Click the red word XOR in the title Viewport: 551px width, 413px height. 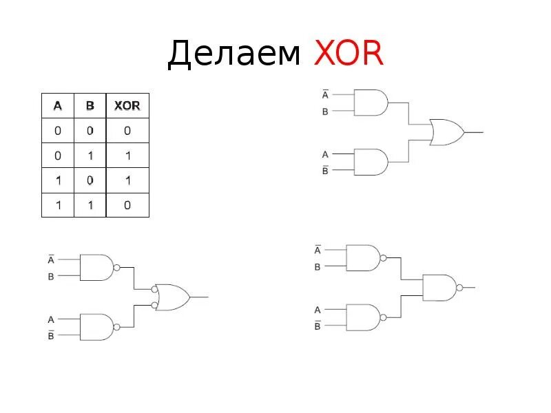click(x=349, y=54)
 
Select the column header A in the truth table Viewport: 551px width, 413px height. click(x=58, y=106)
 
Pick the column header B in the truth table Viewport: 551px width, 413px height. click(x=90, y=106)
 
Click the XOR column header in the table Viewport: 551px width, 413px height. click(x=127, y=106)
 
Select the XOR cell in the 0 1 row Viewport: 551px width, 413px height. click(x=127, y=156)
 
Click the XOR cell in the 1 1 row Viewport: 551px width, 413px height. click(x=127, y=205)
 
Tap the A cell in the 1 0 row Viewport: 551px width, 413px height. click(x=58, y=180)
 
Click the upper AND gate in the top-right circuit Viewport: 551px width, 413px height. click(x=370, y=103)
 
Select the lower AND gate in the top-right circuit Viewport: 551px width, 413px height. click(x=370, y=162)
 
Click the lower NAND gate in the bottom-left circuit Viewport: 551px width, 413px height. click(x=96, y=327)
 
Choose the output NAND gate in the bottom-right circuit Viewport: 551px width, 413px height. click(x=439, y=287)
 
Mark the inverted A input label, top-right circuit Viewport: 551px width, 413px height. click(x=325, y=94)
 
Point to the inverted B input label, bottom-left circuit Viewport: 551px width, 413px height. click(x=51, y=335)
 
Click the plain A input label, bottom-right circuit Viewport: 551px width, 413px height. click(x=318, y=310)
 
